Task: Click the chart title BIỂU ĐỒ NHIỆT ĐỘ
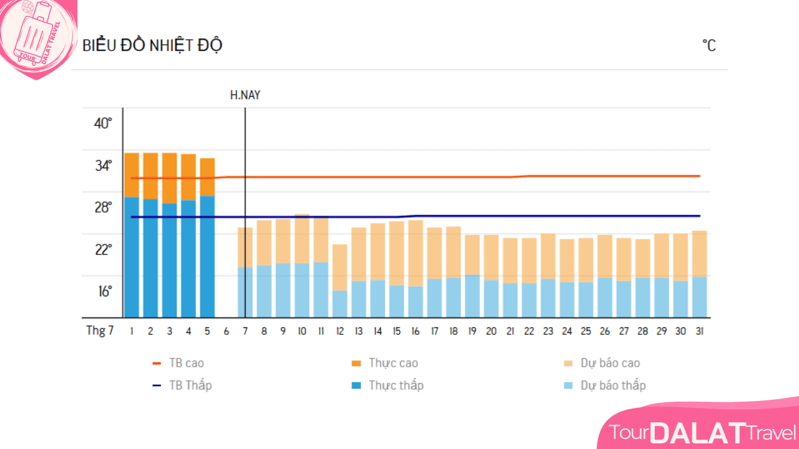pyautogui.click(x=152, y=46)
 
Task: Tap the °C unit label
pyautogui.click(x=709, y=46)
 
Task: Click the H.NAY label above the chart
pyautogui.click(x=245, y=95)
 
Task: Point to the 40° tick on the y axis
pyautogui.click(x=103, y=123)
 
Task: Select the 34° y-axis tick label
pyautogui.click(x=103, y=165)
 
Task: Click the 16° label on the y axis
pyautogui.click(x=103, y=291)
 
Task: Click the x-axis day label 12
pyautogui.click(x=340, y=331)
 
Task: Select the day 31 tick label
pyautogui.click(x=700, y=331)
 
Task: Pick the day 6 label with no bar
pyautogui.click(x=226, y=331)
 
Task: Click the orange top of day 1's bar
pyautogui.click(x=132, y=175)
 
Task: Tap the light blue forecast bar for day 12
pyautogui.click(x=340, y=304)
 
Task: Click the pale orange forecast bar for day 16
pyautogui.click(x=416, y=253)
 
